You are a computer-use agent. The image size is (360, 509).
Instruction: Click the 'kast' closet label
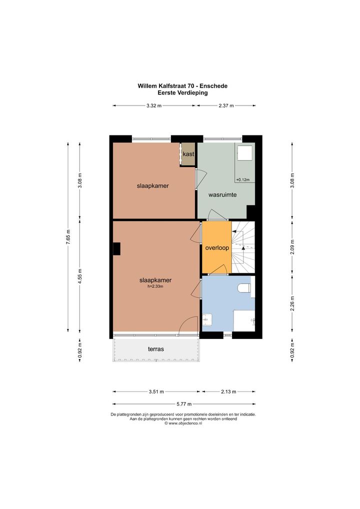point(188,154)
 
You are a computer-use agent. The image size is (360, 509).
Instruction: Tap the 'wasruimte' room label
point(222,195)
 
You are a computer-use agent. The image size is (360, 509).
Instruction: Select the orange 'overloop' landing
point(217,247)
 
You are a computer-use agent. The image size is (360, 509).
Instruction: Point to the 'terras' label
point(156,349)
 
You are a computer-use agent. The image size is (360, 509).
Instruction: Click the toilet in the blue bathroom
point(244,287)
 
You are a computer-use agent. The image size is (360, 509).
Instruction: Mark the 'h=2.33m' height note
point(155,286)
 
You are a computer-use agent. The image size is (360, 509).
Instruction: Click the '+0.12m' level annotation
point(243,179)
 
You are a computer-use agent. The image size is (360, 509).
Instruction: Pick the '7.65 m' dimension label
point(68,236)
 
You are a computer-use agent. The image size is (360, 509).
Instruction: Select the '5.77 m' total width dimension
point(183,404)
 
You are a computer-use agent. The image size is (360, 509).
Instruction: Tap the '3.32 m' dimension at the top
point(154,105)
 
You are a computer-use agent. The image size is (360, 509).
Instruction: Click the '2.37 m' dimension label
point(226,105)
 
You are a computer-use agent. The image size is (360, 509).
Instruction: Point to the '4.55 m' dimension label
point(80,276)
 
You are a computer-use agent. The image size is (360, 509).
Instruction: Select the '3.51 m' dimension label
point(156,391)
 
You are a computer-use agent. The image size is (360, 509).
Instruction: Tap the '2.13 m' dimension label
point(228,391)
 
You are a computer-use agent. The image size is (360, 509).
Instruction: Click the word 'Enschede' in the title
point(213,86)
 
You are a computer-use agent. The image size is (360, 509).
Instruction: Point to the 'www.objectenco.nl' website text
point(185,423)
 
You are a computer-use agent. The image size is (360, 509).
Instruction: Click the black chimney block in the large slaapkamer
point(116,248)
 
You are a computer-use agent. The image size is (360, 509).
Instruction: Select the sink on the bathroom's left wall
point(207,319)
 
